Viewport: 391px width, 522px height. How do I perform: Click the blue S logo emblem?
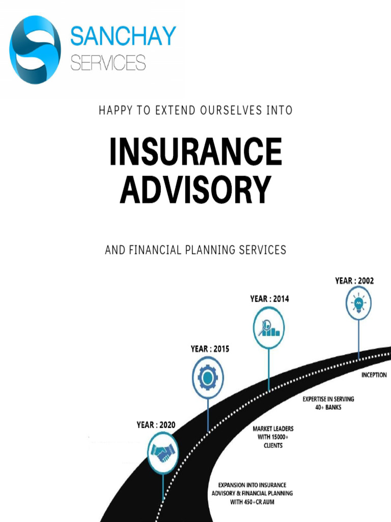(35, 49)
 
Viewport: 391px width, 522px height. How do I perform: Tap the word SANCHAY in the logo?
(123, 36)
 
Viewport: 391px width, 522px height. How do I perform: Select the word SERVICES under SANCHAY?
(108, 63)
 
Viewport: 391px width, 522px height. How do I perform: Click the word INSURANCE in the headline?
(196, 151)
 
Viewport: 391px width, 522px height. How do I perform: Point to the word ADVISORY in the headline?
(195, 190)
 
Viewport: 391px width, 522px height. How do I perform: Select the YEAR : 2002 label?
(354, 281)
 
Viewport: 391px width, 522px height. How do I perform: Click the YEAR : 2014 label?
(270, 299)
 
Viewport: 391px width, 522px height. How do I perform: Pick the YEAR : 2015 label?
(210, 349)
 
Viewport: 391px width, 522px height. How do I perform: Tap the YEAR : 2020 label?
(156, 425)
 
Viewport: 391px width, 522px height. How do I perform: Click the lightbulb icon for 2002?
(358, 303)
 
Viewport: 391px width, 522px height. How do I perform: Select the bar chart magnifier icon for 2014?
(269, 328)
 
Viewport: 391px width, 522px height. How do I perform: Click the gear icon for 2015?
(208, 378)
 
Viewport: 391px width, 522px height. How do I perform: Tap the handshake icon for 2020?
(163, 453)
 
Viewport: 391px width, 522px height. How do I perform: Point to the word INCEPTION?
(374, 375)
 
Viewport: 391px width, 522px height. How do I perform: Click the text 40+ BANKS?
(328, 407)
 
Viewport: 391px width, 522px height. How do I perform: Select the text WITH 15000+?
(273, 437)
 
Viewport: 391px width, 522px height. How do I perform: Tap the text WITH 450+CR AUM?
(253, 502)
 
